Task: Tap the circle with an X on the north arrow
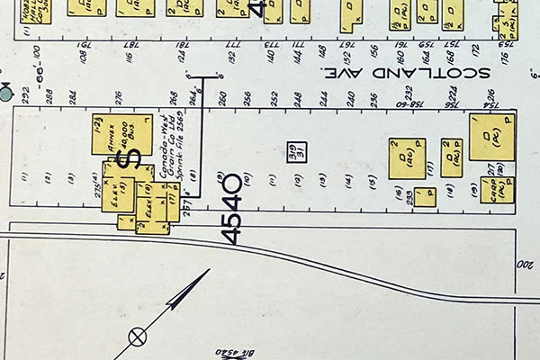click(x=138, y=337)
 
